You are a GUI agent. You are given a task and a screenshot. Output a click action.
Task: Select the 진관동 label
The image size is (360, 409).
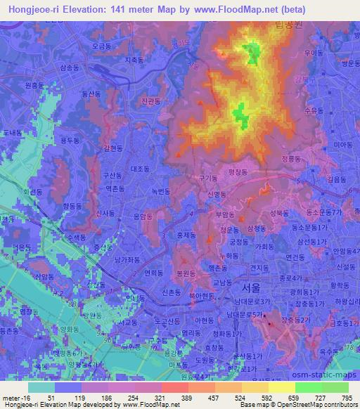150,101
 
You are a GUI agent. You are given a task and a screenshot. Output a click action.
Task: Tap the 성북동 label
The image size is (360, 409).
279,211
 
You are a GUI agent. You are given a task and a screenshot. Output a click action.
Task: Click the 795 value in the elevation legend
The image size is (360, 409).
346,397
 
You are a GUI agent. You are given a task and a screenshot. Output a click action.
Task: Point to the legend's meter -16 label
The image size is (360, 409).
13,397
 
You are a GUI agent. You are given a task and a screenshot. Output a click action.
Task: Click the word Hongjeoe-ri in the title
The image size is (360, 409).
35,10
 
